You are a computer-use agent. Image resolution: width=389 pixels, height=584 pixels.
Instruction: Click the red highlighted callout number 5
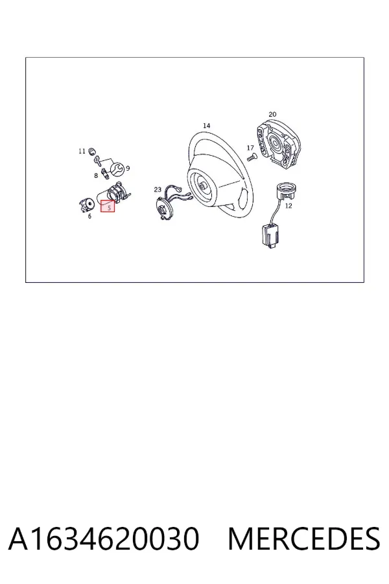pyautogui.click(x=108, y=206)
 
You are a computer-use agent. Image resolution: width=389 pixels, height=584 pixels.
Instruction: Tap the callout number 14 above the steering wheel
pyautogui.click(x=206, y=126)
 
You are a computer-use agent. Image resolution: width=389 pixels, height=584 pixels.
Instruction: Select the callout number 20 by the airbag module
pyautogui.click(x=272, y=114)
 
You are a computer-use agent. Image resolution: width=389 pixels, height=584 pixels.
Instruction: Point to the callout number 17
pyautogui.click(x=250, y=148)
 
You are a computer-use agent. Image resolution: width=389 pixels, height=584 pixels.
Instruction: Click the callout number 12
pyautogui.click(x=289, y=206)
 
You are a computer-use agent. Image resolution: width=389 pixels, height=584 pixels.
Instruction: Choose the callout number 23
pyautogui.click(x=158, y=189)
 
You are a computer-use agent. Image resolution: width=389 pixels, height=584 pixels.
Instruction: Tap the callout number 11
pyautogui.click(x=82, y=151)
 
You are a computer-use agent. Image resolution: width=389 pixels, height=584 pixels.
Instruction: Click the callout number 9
pyautogui.click(x=128, y=168)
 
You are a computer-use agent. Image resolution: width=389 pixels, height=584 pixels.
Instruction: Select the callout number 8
pyautogui.click(x=96, y=175)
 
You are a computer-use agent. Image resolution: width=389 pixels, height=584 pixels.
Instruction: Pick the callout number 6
pyautogui.click(x=89, y=216)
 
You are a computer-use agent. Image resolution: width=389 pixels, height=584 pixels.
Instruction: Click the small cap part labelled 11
pyautogui.click(x=91, y=151)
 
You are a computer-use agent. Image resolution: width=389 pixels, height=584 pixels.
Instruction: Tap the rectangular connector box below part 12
pyautogui.click(x=268, y=236)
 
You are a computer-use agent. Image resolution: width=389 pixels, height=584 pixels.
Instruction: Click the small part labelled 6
pyautogui.click(x=87, y=204)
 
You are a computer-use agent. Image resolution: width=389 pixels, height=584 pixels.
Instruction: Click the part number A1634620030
pyautogui.click(x=104, y=539)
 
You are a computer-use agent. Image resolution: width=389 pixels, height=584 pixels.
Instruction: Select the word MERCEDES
pyautogui.click(x=304, y=539)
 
